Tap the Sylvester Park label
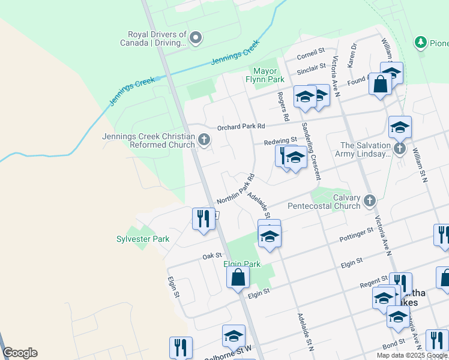point(143,239)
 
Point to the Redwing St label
point(280,141)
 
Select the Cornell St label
point(312,58)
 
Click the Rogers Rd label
point(283,105)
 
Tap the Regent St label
point(373,282)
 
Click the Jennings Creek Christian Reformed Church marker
point(204,140)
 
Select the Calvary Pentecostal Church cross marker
point(370,200)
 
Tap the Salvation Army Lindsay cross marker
point(400,148)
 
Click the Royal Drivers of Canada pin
point(196,39)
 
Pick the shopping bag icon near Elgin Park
point(238,277)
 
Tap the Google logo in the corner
point(20,353)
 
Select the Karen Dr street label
point(353,54)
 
